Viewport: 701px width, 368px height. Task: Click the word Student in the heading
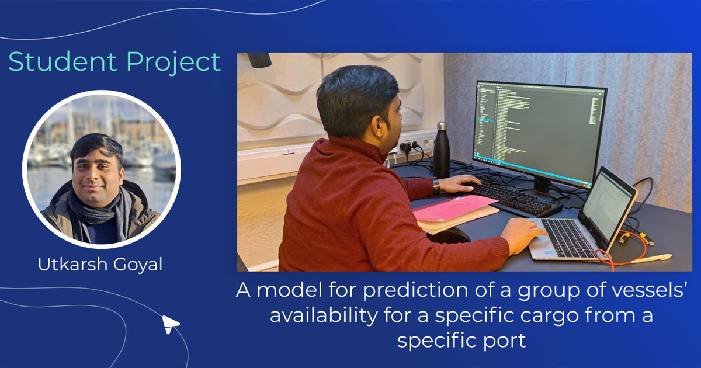(x=55, y=62)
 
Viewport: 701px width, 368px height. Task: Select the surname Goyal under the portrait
(x=137, y=265)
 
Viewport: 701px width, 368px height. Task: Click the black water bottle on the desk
(x=442, y=151)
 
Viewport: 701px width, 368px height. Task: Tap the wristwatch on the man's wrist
(x=436, y=185)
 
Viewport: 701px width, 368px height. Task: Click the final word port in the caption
(x=505, y=340)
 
